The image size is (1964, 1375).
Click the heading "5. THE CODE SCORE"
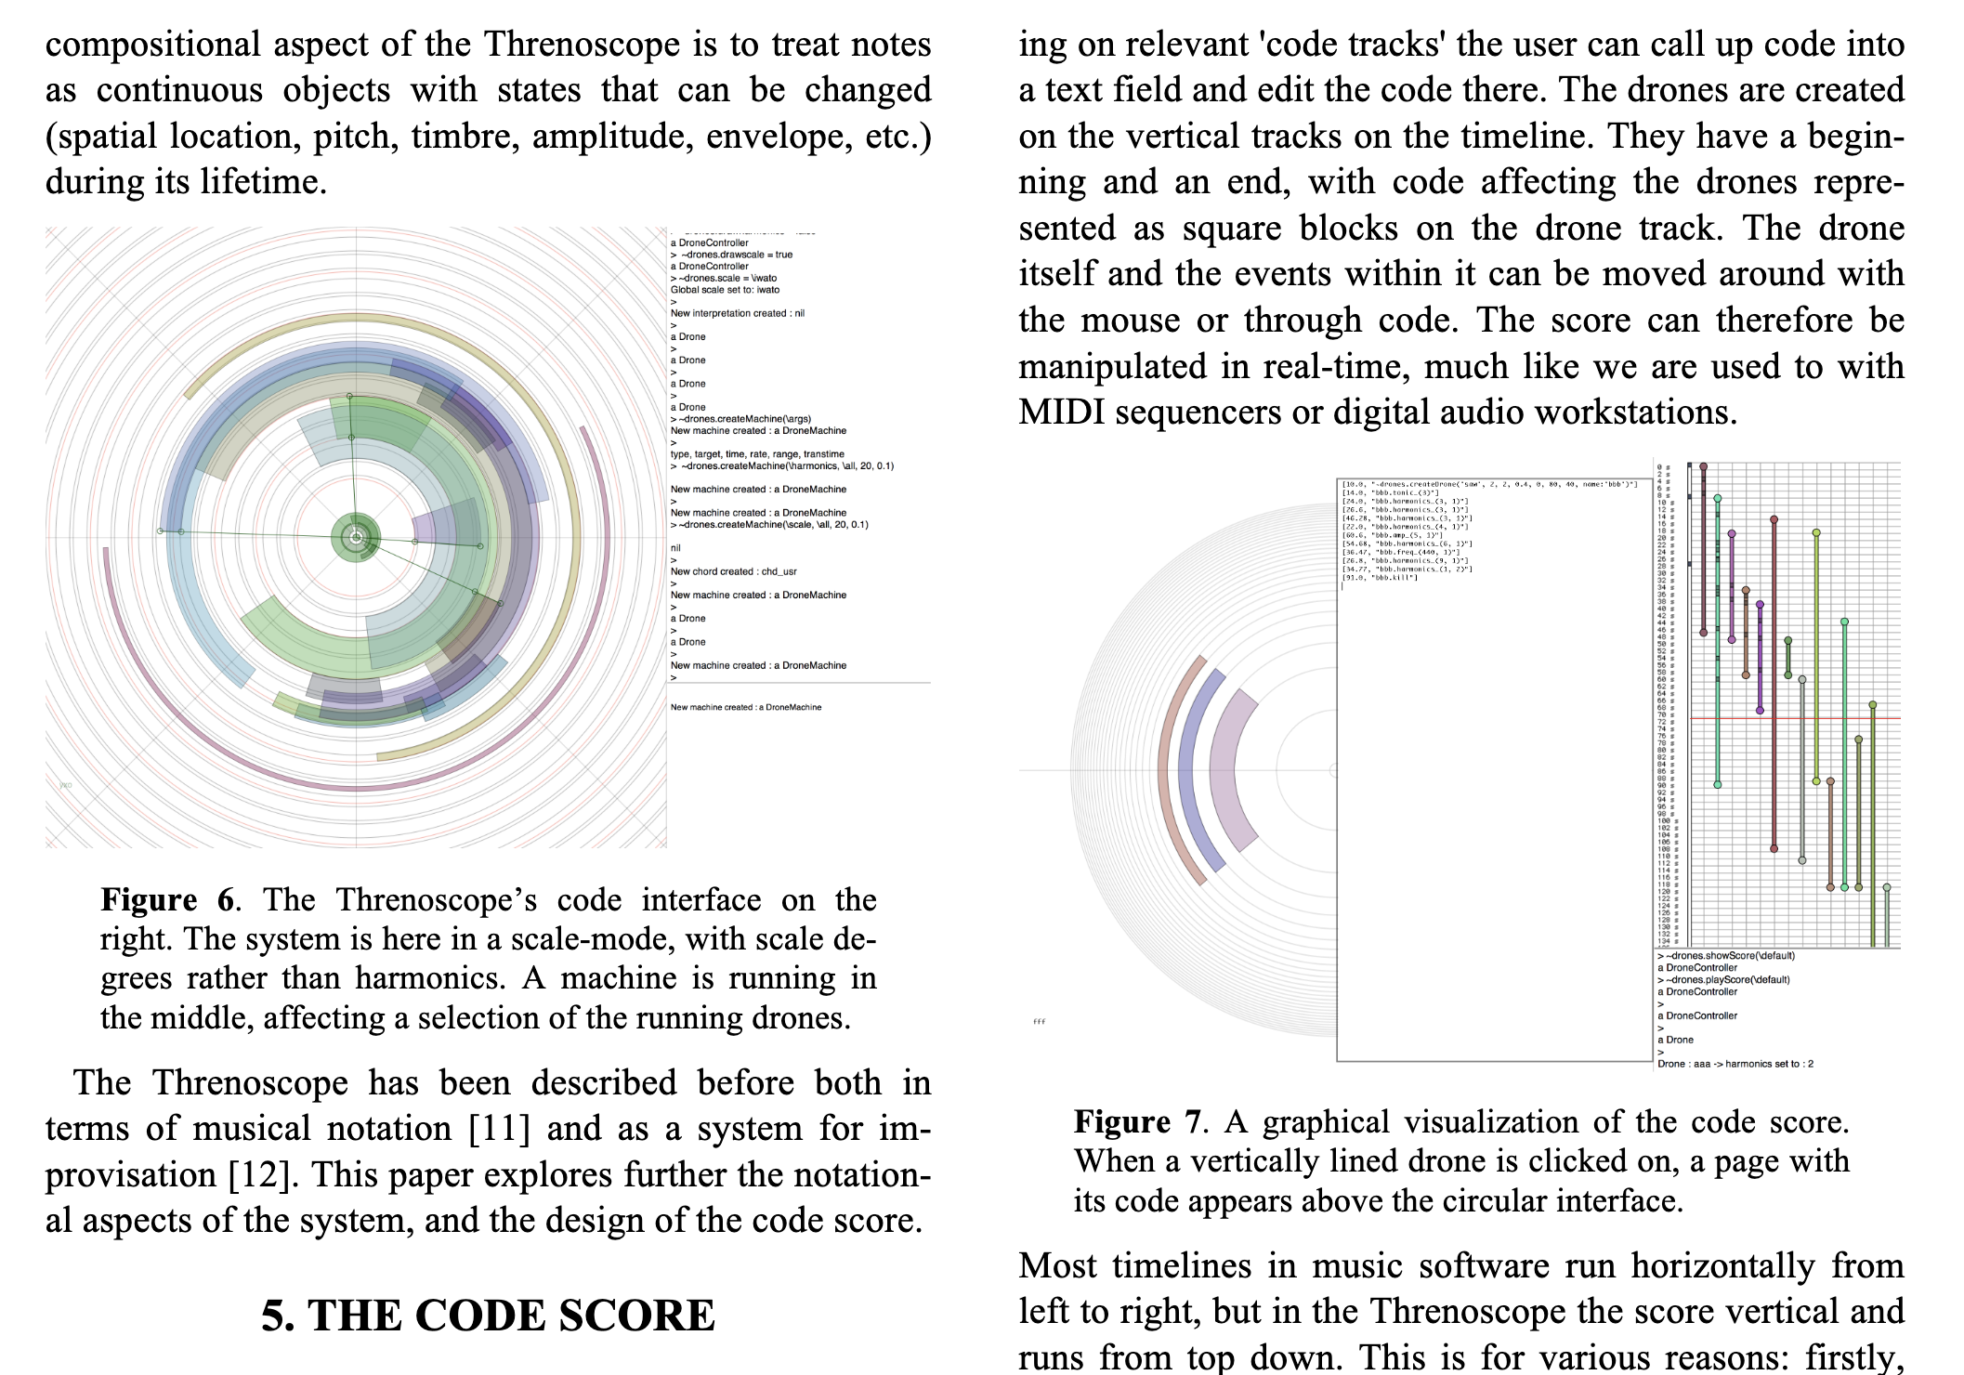click(488, 1316)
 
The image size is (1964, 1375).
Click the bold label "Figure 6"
click(168, 900)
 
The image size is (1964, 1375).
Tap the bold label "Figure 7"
click(1137, 1122)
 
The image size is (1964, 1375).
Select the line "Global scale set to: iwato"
click(726, 290)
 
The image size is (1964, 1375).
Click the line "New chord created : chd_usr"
click(734, 571)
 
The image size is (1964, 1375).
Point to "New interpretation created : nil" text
click(738, 313)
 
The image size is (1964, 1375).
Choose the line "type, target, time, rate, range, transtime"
click(757, 454)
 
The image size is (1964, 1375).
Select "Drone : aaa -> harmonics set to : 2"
click(1735, 1064)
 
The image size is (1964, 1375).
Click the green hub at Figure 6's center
click(356, 537)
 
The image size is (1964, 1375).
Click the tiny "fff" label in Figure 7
click(1040, 1022)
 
